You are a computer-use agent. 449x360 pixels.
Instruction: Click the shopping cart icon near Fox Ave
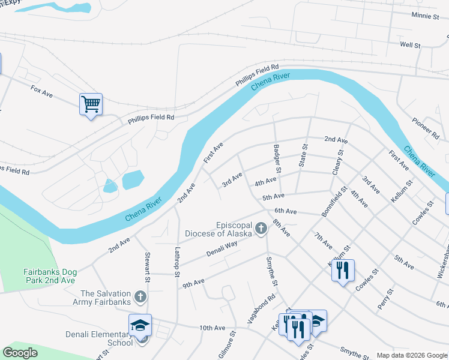click(91, 104)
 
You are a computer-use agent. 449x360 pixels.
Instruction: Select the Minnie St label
click(425, 16)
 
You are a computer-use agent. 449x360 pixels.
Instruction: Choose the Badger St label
click(277, 158)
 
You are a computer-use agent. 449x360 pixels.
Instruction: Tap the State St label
click(303, 155)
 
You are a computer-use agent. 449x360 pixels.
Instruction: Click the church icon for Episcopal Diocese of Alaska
click(261, 228)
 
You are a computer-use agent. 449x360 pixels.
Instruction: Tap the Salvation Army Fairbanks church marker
click(140, 296)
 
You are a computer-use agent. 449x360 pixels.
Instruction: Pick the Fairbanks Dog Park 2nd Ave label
click(50, 276)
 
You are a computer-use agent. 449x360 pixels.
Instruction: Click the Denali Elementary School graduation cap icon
click(140, 326)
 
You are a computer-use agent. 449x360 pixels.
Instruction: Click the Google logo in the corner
click(20, 353)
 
